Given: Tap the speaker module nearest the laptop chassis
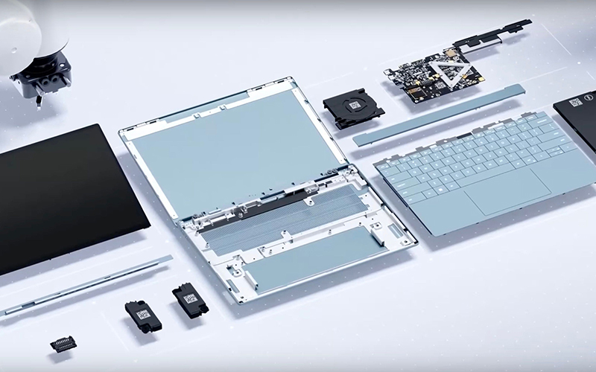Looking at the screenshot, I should pyautogui.click(x=189, y=301).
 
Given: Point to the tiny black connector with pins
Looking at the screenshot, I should pyautogui.click(x=63, y=344).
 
